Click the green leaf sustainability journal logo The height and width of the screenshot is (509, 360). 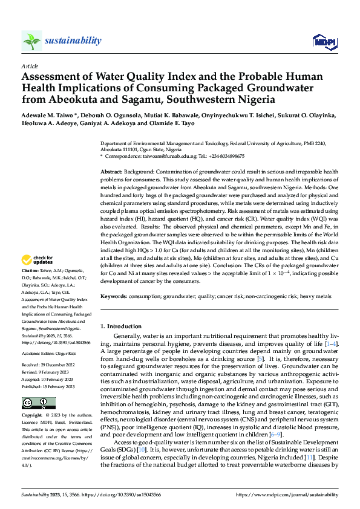coord(31,41)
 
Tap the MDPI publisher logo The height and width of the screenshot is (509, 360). coord(323,41)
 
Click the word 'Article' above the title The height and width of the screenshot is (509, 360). coord(30,65)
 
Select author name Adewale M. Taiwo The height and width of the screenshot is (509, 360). coord(46,115)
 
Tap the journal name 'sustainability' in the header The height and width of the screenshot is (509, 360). coord(73,41)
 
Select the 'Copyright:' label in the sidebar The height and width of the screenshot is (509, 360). coord(32,417)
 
